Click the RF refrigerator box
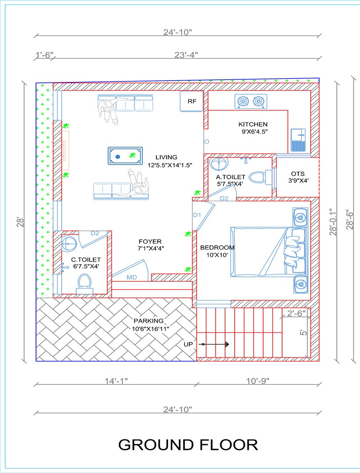(191, 101)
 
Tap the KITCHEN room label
(253, 124)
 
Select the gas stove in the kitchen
(251, 101)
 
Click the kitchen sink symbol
(298, 140)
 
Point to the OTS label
(298, 174)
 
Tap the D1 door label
(197, 215)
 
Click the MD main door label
(131, 277)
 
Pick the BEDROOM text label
(217, 247)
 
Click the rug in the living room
(125, 156)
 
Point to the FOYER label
(150, 241)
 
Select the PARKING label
(149, 321)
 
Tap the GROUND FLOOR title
(188, 445)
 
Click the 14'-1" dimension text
(116, 381)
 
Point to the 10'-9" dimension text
(258, 381)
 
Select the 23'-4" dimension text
(186, 55)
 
